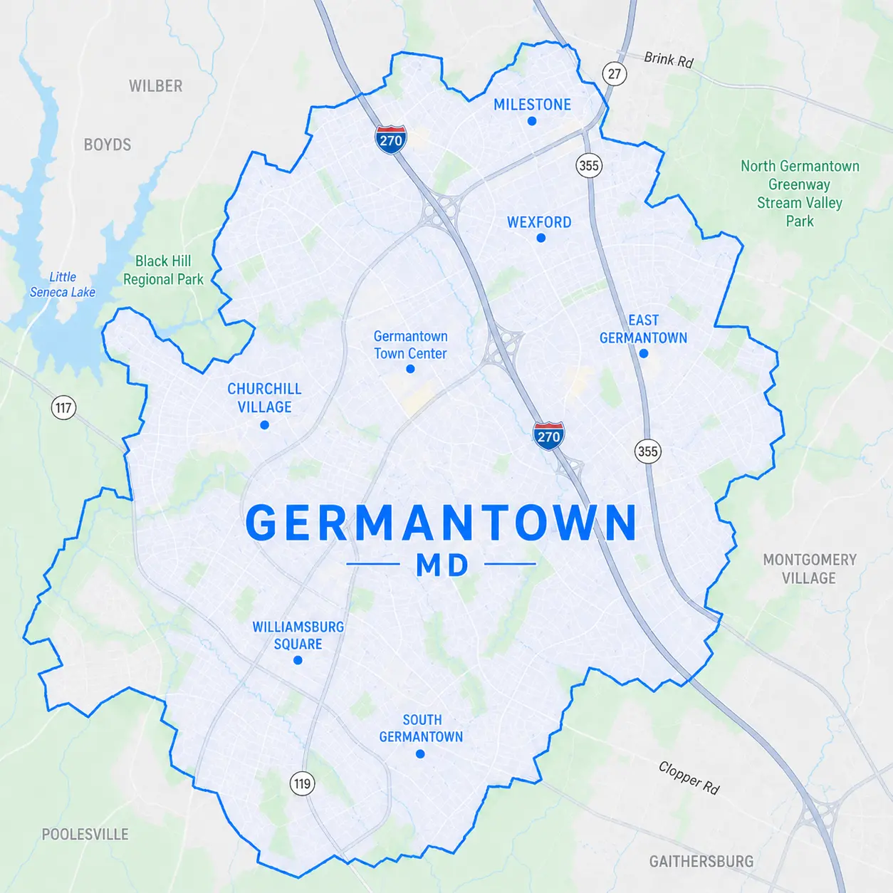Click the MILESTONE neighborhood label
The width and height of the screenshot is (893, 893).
532,105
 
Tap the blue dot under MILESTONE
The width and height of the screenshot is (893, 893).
532,121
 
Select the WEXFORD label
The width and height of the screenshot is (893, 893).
539,222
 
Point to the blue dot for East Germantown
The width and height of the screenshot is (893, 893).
644,353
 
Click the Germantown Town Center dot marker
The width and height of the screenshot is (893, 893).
410,369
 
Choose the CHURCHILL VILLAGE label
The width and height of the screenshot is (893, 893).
264,397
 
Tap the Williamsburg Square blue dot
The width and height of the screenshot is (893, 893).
298,660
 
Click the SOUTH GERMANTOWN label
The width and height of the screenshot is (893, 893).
421,728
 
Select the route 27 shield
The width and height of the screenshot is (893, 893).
615,73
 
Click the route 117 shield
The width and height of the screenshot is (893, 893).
63,407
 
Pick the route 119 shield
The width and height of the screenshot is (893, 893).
303,784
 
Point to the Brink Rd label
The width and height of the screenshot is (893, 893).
668,60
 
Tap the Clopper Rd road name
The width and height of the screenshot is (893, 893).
689,778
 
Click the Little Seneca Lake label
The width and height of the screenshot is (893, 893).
63,284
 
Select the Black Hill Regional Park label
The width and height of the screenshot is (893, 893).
163,270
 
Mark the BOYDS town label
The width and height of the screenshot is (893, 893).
108,145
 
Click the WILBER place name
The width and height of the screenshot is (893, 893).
155,86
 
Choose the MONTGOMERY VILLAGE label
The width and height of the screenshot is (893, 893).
810,568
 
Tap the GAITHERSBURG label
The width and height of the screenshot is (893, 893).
701,862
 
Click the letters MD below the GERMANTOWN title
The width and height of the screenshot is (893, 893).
442,565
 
